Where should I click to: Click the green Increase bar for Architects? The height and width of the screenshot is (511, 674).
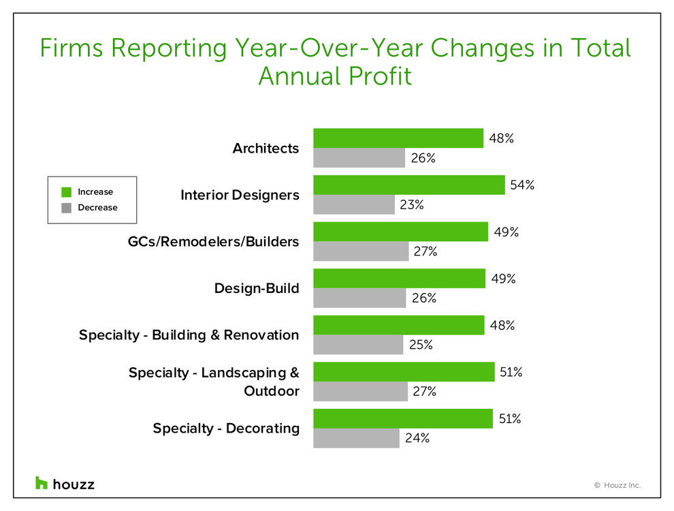[x=398, y=138]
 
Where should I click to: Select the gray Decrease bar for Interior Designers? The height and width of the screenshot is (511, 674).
[x=354, y=204]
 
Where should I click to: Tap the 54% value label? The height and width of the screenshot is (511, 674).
[x=521, y=185]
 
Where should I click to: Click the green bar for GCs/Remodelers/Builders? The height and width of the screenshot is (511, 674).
[x=400, y=232]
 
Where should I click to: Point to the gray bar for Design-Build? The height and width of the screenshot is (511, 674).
[x=359, y=298]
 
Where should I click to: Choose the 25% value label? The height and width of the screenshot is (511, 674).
[x=421, y=345]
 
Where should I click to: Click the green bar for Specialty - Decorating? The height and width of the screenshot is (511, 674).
[x=403, y=418]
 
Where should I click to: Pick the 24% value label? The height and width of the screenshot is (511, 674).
[x=417, y=438]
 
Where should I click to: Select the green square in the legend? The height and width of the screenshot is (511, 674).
[x=66, y=192]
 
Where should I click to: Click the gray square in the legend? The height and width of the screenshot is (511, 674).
[x=66, y=208]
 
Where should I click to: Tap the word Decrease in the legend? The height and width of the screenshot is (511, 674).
[x=97, y=208]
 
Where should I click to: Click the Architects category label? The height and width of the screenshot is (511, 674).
[x=266, y=149]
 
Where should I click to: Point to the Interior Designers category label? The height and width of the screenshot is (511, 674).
[x=240, y=196]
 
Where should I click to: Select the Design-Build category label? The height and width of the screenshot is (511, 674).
[x=257, y=288]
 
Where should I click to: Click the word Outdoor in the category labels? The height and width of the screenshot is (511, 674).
[x=272, y=392]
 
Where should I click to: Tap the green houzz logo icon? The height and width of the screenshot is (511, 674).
[x=42, y=483]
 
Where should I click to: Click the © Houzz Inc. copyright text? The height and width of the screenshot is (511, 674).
[x=617, y=486]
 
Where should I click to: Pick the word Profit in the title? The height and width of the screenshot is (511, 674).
[x=381, y=76]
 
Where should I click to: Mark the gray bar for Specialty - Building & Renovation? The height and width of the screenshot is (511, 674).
[x=358, y=344]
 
